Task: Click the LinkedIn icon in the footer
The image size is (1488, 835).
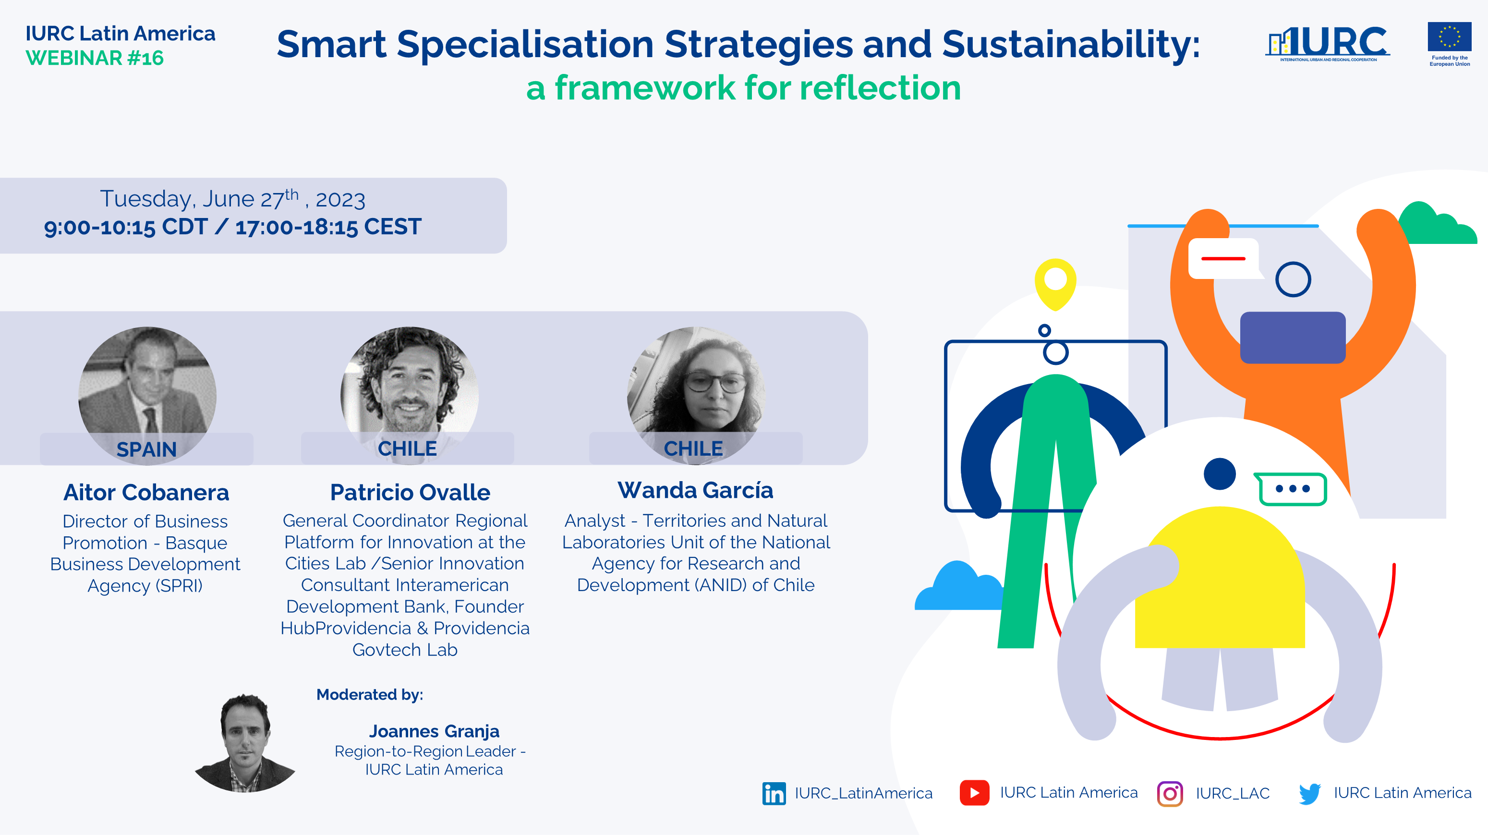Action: [774, 793]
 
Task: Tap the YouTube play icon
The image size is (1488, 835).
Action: [975, 792]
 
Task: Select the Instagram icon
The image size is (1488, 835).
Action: [1170, 793]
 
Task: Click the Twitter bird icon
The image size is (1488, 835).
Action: [1310, 793]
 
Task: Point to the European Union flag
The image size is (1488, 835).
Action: [1449, 37]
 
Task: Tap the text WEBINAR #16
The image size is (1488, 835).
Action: [95, 58]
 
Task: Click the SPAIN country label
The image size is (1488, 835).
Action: [147, 449]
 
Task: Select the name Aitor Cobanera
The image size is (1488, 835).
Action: [146, 492]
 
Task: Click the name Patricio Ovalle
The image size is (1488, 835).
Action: [410, 492]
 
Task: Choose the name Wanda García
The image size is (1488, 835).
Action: [695, 490]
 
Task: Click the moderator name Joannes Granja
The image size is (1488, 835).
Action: [435, 731]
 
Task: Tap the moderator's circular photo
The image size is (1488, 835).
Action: [246, 743]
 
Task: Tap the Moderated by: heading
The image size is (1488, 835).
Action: [370, 694]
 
